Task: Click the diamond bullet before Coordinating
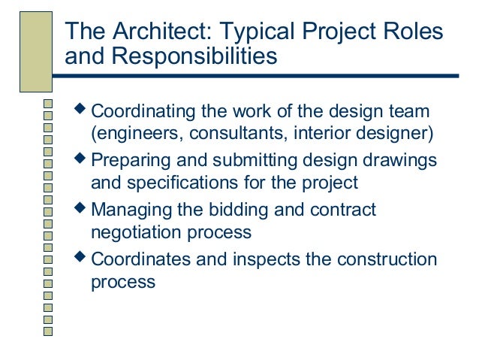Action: [82, 111]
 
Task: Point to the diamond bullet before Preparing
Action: [82, 160]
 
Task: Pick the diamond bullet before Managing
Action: [82, 209]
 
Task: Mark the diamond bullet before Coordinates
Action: [82, 259]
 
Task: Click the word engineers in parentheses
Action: [131, 136]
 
